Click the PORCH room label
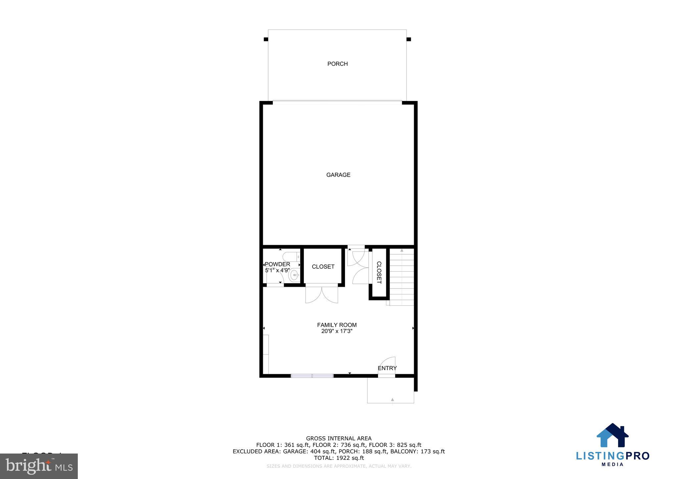click(337, 64)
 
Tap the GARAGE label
click(338, 175)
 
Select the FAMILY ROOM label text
click(337, 325)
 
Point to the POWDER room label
click(277, 264)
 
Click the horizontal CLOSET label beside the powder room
click(323, 267)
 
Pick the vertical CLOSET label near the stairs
click(379, 273)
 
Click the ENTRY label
click(387, 368)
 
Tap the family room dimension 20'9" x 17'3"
click(337, 331)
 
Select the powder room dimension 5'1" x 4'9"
click(277, 270)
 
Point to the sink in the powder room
click(294, 275)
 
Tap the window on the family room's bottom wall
click(312, 376)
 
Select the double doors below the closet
click(321, 294)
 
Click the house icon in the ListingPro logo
click(612, 436)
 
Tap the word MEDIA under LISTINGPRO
click(612, 464)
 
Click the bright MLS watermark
click(39, 466)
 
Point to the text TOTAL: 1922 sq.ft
click(339, 458)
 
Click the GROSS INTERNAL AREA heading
click(339, 439)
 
